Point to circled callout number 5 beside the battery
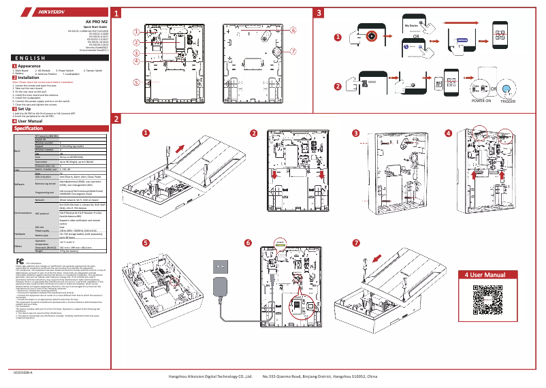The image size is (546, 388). point(136,82)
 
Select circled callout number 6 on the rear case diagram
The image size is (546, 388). point(293,31)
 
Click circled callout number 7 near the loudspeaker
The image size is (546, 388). point(293,50)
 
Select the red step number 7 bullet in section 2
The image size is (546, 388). point(357,243)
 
